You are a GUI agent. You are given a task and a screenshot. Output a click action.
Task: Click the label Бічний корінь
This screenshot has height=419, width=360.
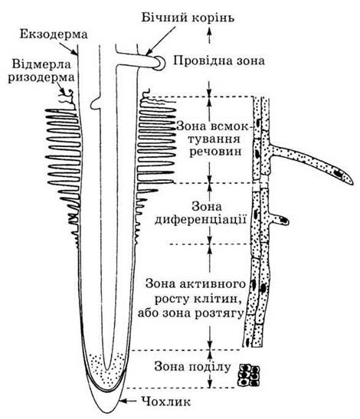point(188,18)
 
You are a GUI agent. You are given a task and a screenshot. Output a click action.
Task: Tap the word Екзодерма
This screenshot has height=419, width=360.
point(54,34)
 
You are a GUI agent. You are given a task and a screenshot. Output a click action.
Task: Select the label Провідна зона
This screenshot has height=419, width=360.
point(218,61)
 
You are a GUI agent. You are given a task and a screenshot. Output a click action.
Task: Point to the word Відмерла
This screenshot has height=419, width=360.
point(41,64)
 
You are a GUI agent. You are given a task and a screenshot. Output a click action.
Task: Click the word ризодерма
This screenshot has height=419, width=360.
point(41,78)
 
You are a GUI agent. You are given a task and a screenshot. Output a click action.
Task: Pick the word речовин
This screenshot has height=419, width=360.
point(215,152)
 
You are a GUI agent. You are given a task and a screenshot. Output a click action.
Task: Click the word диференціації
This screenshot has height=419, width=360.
point(201,220)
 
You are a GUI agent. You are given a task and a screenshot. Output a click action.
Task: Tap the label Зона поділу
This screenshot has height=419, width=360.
point(192,367)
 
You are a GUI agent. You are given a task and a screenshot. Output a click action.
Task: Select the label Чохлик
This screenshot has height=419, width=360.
point(166,401)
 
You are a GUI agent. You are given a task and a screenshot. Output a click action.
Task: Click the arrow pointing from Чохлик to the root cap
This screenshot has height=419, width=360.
point(128,401)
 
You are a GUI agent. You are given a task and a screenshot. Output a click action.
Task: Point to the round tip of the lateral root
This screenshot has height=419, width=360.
point(159,62)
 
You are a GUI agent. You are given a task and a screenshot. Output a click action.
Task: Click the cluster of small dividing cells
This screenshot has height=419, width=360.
point(249,375)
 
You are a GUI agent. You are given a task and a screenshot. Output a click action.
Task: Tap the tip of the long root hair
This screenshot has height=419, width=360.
point(352,182)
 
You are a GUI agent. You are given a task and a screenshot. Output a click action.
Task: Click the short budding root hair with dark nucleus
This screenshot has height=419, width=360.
point(279,219)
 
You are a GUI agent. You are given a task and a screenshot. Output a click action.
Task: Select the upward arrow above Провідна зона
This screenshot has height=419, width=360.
point(209,36)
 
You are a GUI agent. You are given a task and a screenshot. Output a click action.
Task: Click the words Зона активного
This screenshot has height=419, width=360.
point(195,283)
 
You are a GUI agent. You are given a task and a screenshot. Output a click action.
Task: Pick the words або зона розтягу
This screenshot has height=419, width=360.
point(191,312)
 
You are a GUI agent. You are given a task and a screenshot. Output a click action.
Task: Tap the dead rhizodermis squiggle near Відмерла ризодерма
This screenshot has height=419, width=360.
point(67,98)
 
